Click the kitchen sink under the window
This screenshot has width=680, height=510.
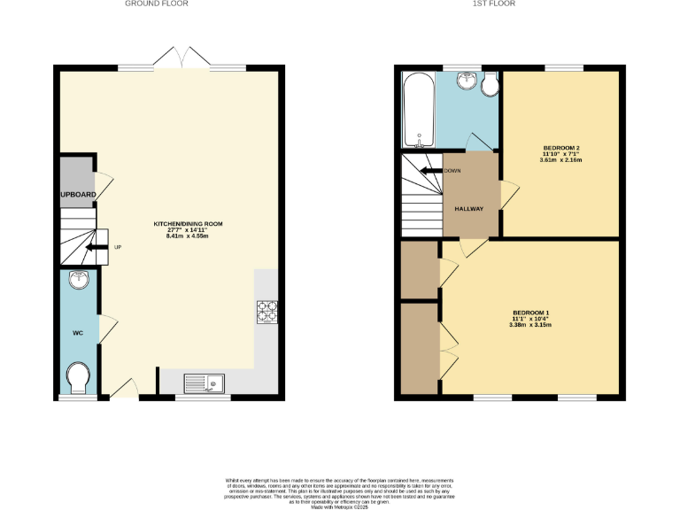205,382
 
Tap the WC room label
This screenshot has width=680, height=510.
77,333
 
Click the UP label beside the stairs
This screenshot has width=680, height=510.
117,247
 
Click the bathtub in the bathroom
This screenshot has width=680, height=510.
416,111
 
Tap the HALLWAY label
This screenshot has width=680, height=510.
468,209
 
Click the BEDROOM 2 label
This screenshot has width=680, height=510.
561,148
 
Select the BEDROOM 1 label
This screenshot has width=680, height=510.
531,313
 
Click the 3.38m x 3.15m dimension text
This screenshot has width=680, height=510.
530,326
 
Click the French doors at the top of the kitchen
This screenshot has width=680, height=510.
181,61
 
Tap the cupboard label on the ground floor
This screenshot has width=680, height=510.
76,195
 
